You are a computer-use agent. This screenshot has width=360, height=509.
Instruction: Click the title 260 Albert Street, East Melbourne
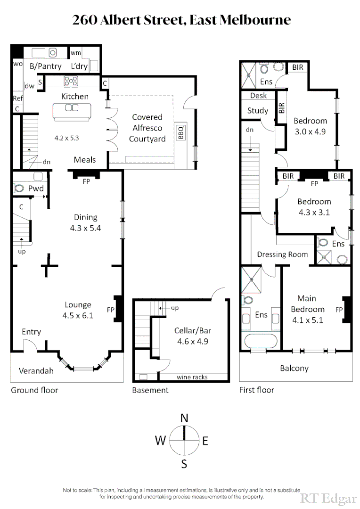(x=181, y=20)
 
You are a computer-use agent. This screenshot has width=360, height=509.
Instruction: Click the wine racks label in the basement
(x=192, y=377)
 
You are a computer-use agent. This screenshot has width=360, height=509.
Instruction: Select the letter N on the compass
(x=184, y=418)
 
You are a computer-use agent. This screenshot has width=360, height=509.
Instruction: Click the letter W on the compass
(x=161, y=441)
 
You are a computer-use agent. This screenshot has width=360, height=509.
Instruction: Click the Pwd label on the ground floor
(x=36, y=188)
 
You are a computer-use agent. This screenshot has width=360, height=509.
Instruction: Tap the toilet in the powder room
(x=19, y=188)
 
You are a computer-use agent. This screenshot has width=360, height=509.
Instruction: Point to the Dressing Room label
(x=282, y=254)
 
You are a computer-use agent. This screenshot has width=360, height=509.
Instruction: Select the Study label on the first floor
(x=258, y=111)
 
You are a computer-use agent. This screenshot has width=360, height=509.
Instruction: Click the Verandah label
(x=36, y=371)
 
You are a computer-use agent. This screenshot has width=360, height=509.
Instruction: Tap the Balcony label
(x=294, y=368)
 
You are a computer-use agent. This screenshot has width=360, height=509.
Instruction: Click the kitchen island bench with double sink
(x=71, y=112)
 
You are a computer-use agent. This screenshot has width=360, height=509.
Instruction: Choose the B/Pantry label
(x=45, y=66)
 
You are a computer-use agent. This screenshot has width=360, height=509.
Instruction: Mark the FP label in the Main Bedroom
(x=338, y=310)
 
